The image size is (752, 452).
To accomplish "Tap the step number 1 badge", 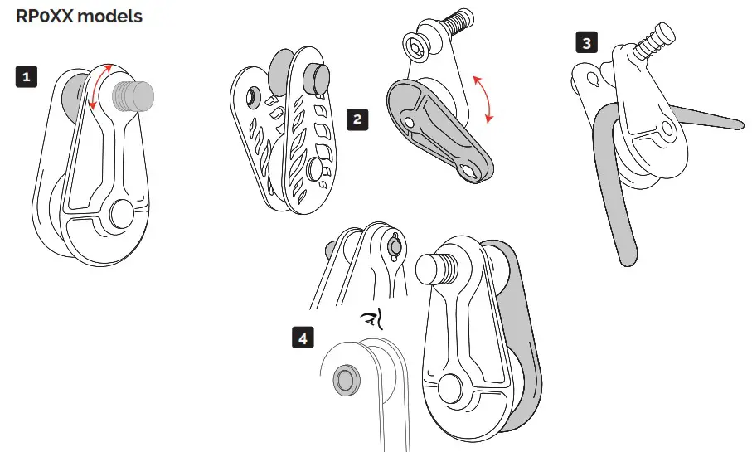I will pyautogui.click(x=27, y=78).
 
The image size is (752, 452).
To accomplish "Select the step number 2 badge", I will pyautogui.click(x=357, y=119).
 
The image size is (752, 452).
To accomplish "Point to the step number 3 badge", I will pyautogui.click(x=587, y=43).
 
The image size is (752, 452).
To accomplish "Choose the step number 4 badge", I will pyautogui.click(x=303, y=338).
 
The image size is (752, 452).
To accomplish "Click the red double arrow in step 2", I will pyautogui.click(x=483, y=99).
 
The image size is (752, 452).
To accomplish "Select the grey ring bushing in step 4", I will pyautogui.click(x=344, y=381).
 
